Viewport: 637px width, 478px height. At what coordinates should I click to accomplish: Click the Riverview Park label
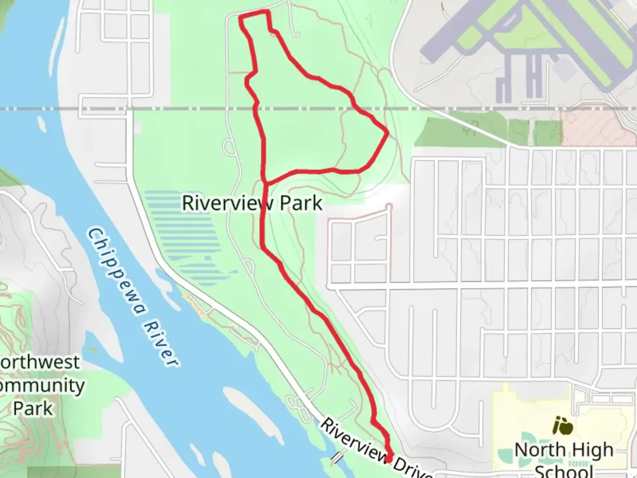pyautogui.click(x=252, y=203)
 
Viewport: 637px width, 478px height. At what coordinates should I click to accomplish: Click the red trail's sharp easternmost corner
pyautogui.click(x=388, y=132)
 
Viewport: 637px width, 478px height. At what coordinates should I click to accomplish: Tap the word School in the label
pyautogui.click(x=564, y=470)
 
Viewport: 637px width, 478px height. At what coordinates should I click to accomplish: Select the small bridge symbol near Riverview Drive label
pyautogui.click(x=338, y=458)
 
